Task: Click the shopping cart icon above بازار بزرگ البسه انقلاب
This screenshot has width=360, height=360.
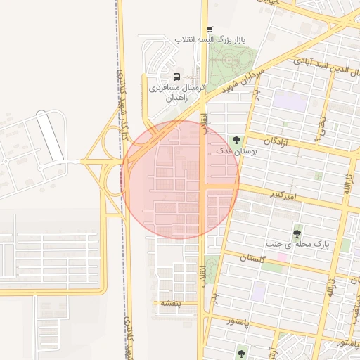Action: pyautogui.click(x=210, y=29)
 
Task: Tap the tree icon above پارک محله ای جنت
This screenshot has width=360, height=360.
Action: pyautogui.click(x=298, y=232)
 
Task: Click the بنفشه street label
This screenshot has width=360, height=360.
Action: pyautogui.click(x=170, y=303)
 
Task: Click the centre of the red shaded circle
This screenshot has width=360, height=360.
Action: pyautogui.click(x=180, y=180)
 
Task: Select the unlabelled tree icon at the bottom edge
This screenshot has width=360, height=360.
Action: pyautogui.click(x=242, y=354)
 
